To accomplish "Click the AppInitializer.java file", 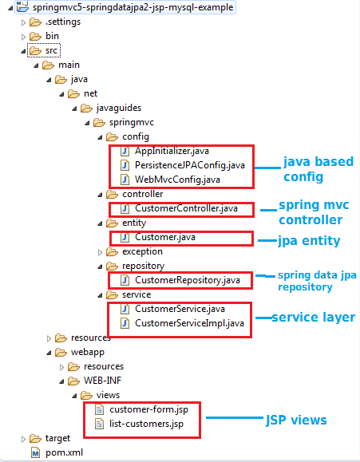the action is [172, 151].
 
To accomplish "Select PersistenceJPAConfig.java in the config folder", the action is [190, 165].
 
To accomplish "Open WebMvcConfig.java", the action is [177, 180].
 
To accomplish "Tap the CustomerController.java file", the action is [186, 208].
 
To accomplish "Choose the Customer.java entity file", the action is [165, 237].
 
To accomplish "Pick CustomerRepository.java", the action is [188, 280].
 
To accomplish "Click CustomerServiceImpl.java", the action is [190, 323].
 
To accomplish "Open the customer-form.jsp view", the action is [149, 409].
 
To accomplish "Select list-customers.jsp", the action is [147, 424].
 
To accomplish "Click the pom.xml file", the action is [65, 452].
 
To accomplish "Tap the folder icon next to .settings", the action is [35, 22].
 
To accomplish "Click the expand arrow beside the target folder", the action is [23, 439].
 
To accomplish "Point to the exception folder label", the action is [142, 251].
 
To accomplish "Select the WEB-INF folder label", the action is [103, 381].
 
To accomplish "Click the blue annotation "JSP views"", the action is [296, 420].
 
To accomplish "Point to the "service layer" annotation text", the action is [314, 317].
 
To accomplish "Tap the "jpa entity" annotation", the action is [309, 241].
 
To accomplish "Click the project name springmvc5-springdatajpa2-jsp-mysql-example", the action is [133, 7].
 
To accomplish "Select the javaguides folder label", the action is [119, 109].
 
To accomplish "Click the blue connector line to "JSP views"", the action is [235, 417].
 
